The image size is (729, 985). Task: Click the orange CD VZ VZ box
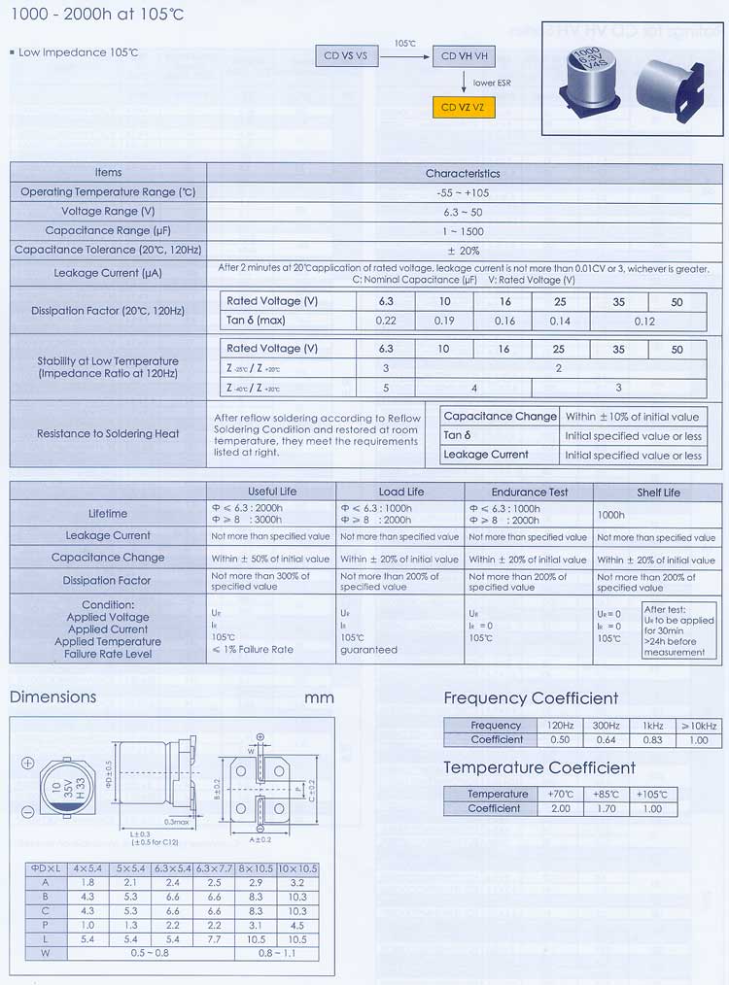tap(464, 108)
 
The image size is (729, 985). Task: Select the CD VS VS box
tap(345, 56)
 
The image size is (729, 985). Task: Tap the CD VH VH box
tap(464, 56)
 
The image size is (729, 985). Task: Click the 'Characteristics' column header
tap(463, 173)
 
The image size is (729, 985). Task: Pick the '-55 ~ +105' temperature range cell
tap(463, 192)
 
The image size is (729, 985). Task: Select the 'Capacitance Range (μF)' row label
tap(108, 231)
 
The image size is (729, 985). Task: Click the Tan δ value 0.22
tap(386, 321)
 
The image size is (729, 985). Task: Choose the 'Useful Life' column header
tap(272, 492)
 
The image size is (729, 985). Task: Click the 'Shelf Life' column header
tap(658, 492)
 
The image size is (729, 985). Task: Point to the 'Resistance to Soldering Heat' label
tap(108, 434)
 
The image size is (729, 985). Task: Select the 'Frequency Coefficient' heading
tap(531, 698)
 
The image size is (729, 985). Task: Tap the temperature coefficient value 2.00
tap(561, 808)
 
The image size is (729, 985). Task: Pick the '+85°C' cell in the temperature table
tap(606, 794)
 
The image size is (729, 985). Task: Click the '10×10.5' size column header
tap(298, 867)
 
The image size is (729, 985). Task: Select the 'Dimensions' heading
tap(52, 696)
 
